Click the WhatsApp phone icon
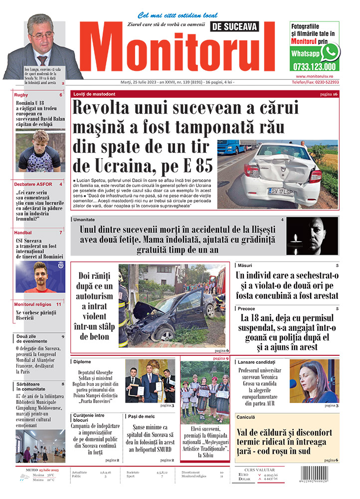(x=330, y=52)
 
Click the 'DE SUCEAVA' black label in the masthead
(x=233, y=27)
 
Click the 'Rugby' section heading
(x=21, y=95)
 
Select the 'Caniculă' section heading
(x=247, y=417)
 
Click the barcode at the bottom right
(x=323, y=477)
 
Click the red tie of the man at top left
(x=42, y=59)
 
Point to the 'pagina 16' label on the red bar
(x=329, y=94)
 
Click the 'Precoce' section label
(x=247, y=309)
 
